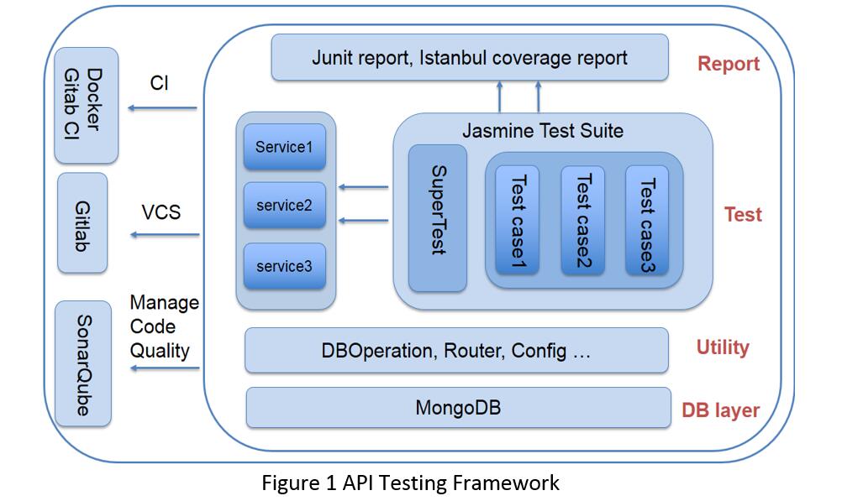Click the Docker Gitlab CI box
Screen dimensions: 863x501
(87, 105)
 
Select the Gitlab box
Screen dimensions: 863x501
(82, 222)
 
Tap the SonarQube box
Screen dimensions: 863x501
(83, 363)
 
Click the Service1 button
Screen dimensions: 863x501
(285, 147)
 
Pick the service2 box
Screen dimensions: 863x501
(285, 205)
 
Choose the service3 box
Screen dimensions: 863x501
(285, 266)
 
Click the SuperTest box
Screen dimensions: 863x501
(438, 218)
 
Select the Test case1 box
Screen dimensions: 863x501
(518, 220)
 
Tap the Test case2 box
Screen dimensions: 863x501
(583, 220)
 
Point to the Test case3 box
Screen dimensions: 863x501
(647, 220)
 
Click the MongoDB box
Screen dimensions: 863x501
(459, 408)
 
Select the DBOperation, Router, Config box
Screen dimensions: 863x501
(457, 350)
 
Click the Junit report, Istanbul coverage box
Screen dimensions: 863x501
(470, 57)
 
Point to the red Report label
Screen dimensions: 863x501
(729, 64)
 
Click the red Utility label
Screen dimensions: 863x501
(723, 347)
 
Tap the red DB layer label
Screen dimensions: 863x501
(720, 410)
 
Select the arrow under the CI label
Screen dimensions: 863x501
(162, 107)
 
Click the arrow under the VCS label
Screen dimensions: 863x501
(165, 235)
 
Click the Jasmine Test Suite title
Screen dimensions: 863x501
(543, 131)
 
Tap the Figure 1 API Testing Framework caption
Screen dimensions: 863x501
(410, 483)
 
